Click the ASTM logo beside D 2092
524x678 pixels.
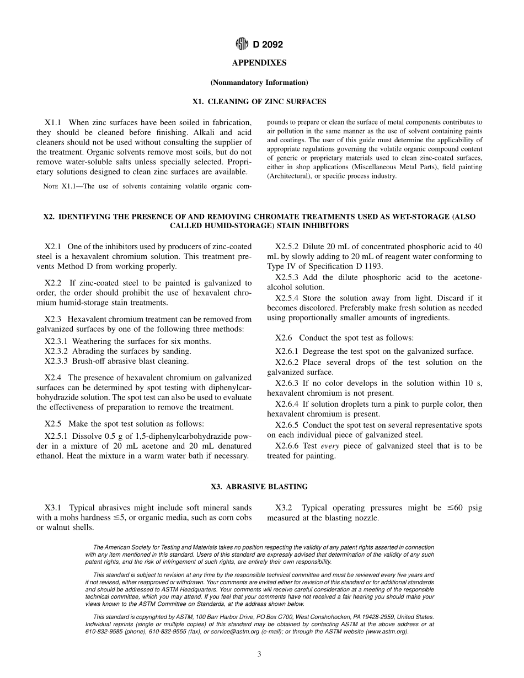[x=240, y=45]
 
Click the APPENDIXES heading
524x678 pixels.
[x=259, y=63]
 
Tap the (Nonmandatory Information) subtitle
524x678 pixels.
[x=259, y=83]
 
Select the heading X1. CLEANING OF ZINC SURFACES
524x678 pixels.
[x=259, y=102]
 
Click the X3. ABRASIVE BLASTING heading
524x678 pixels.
[x=259, y=487]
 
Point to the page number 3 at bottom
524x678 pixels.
[x=259, y=654]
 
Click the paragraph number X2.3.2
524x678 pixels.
[x=57, y=351]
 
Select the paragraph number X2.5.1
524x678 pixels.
[x=57, y=435]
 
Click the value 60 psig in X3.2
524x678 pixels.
[x=468, y=508]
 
